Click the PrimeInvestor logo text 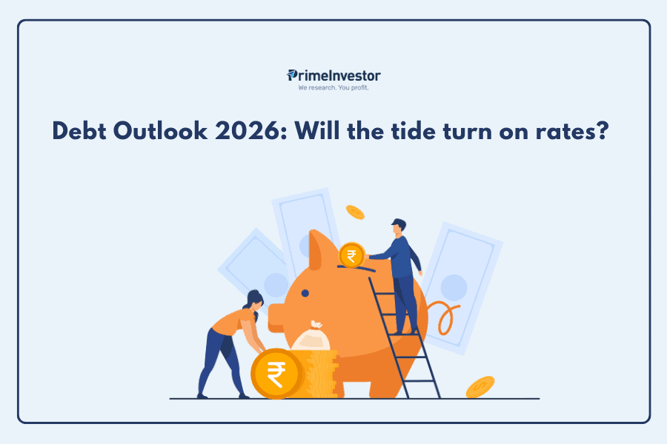tap(333, 76)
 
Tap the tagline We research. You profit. tap(333, 88)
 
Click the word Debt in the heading tap(79, 130)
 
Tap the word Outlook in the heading tap(160, 130)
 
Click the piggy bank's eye tap(305, 293)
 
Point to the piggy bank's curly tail tap(443, 316)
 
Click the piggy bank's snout tap(276, 317)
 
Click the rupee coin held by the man tap(352, 255)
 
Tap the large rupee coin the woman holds tap(277, 374)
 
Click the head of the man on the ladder tap(399, 226)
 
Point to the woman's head tap(254, 300)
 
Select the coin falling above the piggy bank tap(355, 212)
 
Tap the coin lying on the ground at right tap(480, 386)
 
